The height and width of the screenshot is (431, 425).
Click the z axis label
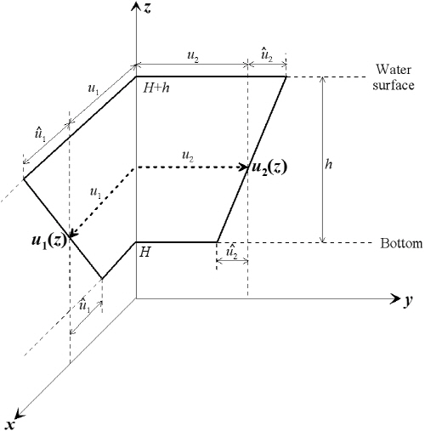point(147,9)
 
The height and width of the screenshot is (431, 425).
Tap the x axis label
point(11,424)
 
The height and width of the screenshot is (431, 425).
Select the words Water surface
point(394,77)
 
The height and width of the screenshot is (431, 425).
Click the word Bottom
point(401,243)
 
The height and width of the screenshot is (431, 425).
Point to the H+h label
point(156,88)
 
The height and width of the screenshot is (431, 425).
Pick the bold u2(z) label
point(269,167)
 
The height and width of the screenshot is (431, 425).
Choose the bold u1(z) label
point(48,241)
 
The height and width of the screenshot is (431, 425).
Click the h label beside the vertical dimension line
point(328,164)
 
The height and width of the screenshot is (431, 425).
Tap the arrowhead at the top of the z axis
point(136,6)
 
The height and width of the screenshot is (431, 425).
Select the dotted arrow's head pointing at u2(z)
point(244,167)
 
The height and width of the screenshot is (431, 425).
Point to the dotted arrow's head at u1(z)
point(73,234)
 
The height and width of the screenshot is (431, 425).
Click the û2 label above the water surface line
point(267,56)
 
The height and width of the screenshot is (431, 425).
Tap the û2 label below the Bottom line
point(232,252)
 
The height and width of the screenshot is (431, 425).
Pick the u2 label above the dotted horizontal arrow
point(188,156)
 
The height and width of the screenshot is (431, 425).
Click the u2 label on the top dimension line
point(193,56)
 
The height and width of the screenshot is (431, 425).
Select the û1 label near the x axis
point(84,306)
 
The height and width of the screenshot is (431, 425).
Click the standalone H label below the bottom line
point(144,252)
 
